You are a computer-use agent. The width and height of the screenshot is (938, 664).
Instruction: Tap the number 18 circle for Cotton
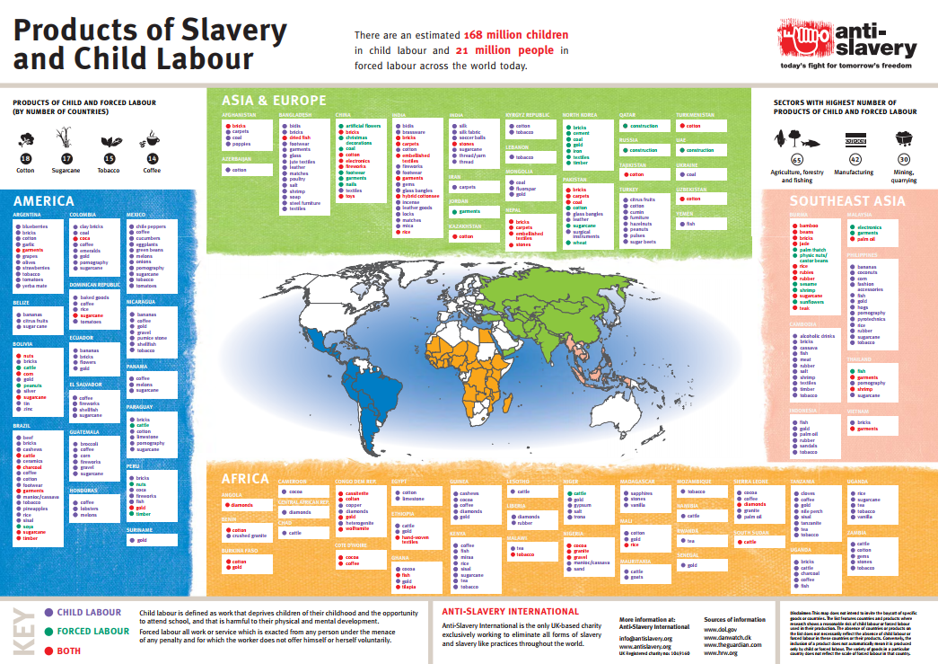(25, 159)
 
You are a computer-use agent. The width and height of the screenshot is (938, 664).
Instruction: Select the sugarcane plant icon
(66, 138)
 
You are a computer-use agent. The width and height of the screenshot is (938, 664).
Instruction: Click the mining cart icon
(904, 138)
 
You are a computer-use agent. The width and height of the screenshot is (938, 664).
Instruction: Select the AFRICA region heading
(245, 478)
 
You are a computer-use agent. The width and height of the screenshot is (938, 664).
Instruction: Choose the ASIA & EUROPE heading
(275, 100)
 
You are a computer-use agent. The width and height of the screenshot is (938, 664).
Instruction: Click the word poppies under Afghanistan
(241, 144)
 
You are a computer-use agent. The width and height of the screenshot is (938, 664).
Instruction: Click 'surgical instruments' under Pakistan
(584, 234)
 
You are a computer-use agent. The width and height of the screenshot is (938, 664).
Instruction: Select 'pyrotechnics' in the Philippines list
(872, 318)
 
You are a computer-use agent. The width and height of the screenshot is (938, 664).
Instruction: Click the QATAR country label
(627, 115)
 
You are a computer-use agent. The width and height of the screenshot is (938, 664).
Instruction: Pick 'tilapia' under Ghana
(408, 587)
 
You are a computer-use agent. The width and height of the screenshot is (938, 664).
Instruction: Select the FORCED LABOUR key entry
(93, 631)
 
